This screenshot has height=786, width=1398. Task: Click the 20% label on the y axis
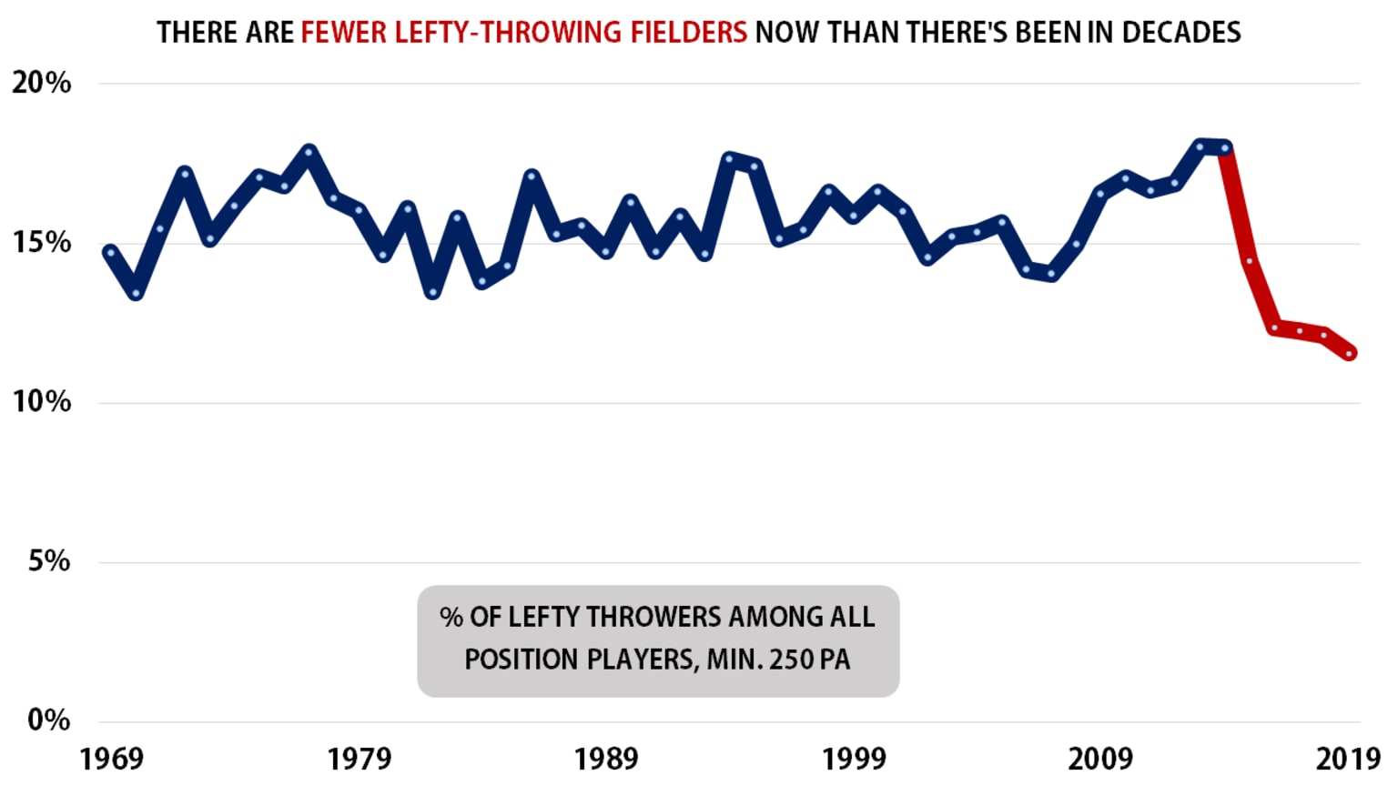point(41,83)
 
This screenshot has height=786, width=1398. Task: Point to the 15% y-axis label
point(41,243)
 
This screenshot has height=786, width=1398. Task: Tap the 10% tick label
point(41,402)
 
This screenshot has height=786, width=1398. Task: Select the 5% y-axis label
point(48,561)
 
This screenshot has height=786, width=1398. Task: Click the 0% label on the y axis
point(48,720)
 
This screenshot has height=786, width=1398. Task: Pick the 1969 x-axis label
point(111,759)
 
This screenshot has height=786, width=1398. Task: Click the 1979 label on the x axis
point(359,759)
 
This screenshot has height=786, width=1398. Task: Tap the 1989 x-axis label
point(606,759)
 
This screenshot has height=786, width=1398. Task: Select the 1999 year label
point(854,759)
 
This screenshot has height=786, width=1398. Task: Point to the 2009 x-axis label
point(1100,759)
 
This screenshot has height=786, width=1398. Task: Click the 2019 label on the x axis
point(1348,759)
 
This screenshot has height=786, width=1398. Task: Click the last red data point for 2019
point(1350,353)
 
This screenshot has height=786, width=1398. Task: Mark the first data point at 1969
point(110,252)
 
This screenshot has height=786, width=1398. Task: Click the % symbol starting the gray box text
point(451,617)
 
